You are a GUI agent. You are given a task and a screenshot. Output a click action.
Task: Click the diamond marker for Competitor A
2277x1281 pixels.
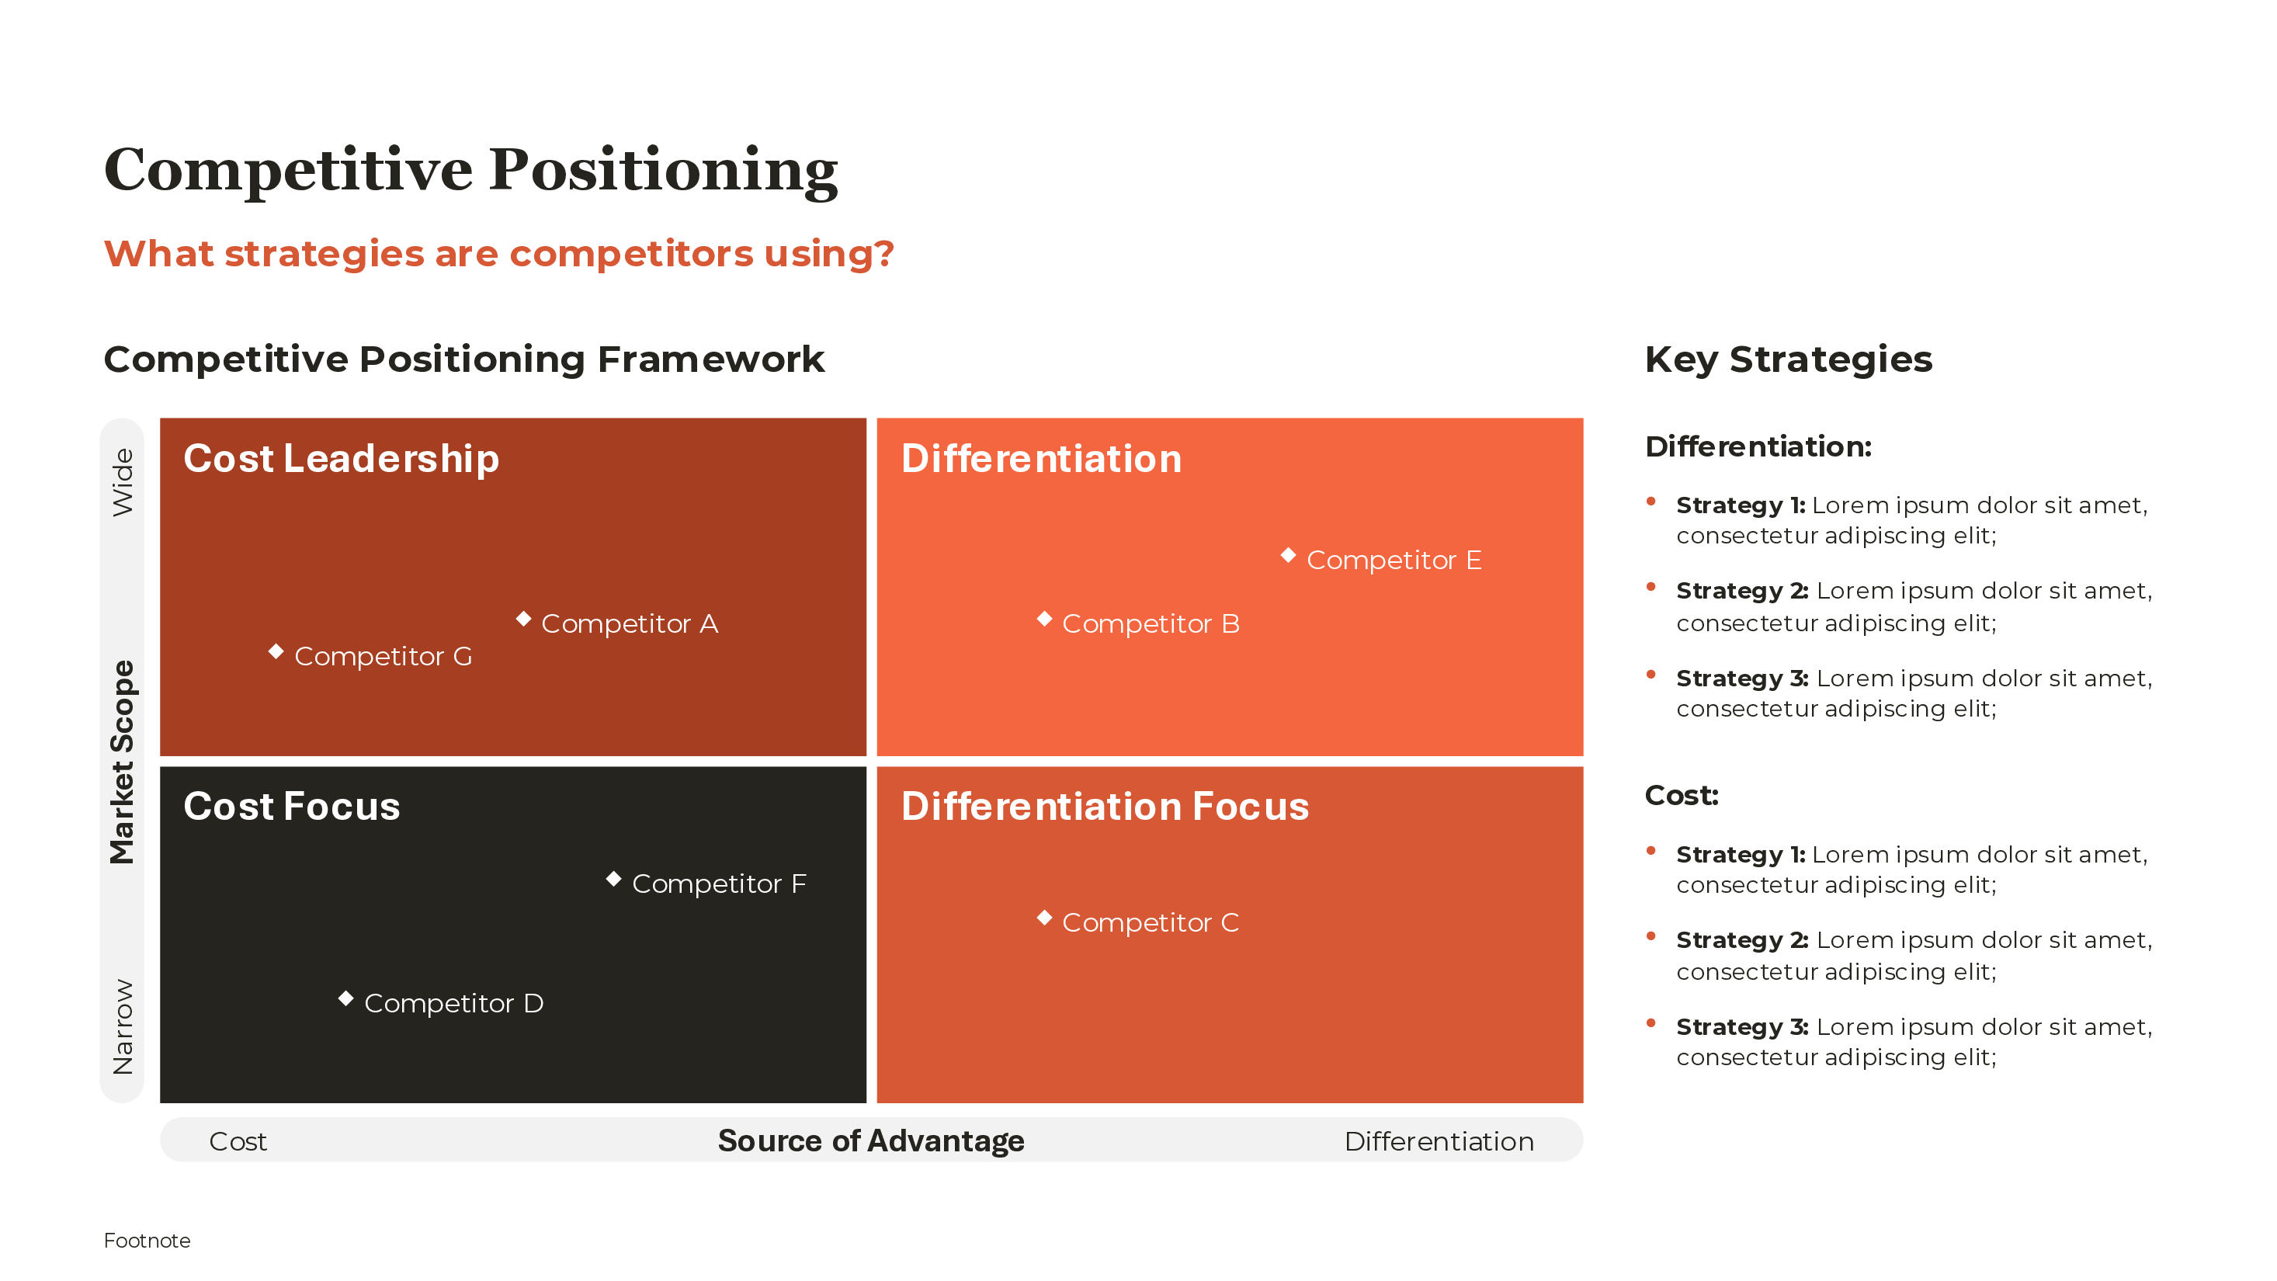523,619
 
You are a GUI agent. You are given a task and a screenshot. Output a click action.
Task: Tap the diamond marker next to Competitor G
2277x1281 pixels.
276,651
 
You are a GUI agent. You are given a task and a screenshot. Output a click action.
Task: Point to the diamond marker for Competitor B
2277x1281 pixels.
1044,619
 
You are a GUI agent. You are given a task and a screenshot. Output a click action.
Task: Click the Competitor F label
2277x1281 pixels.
719,884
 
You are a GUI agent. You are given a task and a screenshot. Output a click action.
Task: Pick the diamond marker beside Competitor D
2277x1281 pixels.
345,999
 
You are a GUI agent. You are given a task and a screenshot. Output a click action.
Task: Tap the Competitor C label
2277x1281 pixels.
1150,923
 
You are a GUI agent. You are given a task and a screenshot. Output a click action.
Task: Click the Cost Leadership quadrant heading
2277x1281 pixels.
341,459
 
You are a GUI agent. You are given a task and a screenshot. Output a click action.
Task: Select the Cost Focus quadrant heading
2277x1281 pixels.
292,807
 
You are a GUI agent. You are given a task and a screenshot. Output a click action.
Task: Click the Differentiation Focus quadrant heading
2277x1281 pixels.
1105,807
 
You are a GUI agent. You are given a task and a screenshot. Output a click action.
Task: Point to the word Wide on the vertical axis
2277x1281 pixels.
123,483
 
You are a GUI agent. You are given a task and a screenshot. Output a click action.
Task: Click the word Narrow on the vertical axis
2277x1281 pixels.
123,1026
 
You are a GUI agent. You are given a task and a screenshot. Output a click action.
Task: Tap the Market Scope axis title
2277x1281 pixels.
123,762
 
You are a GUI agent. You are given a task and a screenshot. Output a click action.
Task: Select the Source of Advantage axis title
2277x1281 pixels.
871,1141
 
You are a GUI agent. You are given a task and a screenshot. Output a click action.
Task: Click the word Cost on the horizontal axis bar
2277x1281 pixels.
238,1142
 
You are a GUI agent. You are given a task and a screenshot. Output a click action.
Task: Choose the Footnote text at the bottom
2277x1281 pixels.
147,1241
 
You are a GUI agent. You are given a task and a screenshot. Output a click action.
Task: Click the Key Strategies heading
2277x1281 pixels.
1788,359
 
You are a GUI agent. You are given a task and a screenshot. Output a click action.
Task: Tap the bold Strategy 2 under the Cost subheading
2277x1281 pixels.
1741,941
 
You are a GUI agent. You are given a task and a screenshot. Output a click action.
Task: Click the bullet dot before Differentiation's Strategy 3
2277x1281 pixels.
1650,675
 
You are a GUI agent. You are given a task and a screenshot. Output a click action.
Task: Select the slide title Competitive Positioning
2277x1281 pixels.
470,170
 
